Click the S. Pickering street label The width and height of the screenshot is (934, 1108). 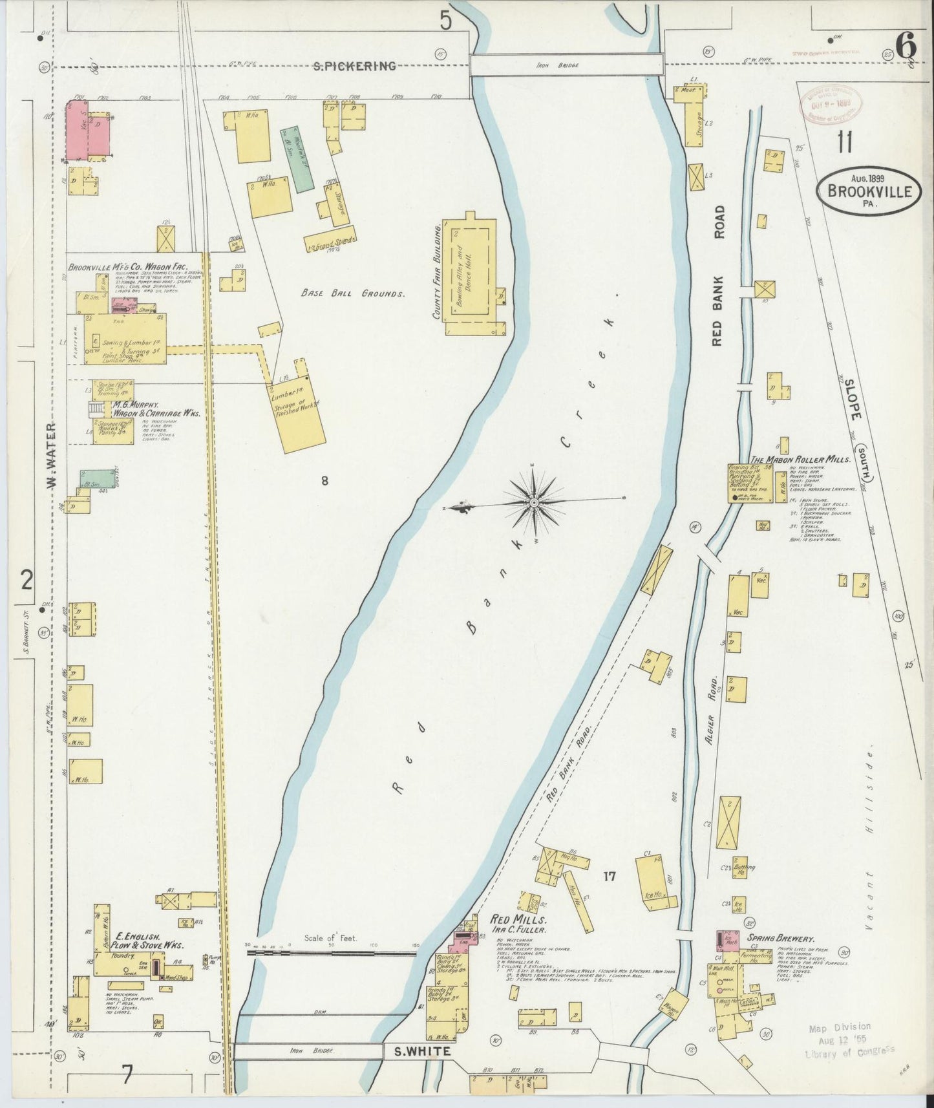[354, 66]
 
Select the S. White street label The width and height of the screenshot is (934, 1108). [423, 1052]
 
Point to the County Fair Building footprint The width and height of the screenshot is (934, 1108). [471, 274]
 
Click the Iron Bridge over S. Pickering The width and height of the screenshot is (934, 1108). [566, 66]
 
